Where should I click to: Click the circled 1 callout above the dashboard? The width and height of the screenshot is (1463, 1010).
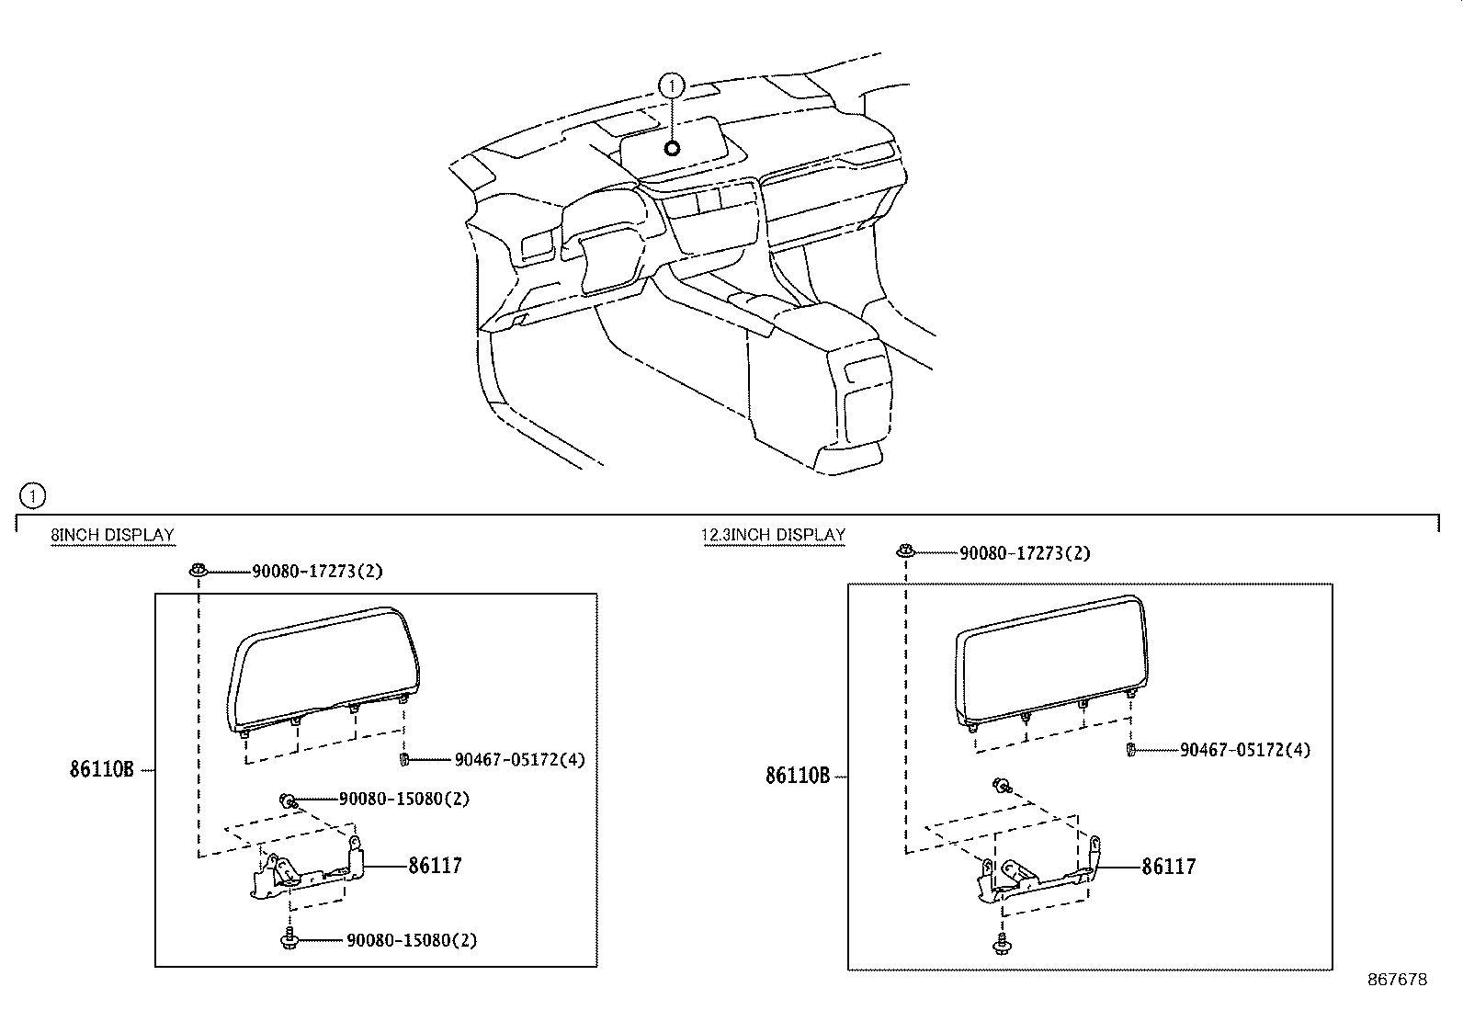click(x=672, y=85)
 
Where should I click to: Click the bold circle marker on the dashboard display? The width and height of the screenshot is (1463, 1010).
click(x=672, y=147)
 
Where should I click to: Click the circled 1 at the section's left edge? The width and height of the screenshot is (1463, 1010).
click(x=32, y=496)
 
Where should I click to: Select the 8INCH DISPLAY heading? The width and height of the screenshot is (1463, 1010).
click(x=112, y=535)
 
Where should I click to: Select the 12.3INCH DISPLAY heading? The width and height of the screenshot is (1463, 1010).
click(x=774, y=535)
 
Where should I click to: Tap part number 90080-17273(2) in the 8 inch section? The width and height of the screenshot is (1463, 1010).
click(x=317, y=572)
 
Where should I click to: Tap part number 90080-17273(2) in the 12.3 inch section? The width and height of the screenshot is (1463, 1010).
click(x=1025, y=553)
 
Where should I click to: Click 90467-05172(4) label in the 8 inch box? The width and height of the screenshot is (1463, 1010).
click(x=519, y=760)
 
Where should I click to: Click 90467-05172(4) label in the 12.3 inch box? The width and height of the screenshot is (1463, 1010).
click(x=1245, y=750)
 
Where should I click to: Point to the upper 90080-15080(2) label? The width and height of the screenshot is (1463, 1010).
click(x=403, y=799)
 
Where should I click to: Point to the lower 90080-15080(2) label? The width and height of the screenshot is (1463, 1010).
click(x=411, y=940)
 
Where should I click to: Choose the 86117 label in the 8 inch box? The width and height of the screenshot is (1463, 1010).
click(x=435, y=865)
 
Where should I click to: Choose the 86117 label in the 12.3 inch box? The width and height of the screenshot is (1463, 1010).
click(x=1168, y=867)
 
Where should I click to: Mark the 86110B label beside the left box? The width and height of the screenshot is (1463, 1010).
click(x=101, y=769)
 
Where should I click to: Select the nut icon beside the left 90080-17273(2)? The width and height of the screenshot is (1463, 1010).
click(x=198, y=571)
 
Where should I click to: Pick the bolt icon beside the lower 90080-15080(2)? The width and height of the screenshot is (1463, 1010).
click(x=289, y=939)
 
